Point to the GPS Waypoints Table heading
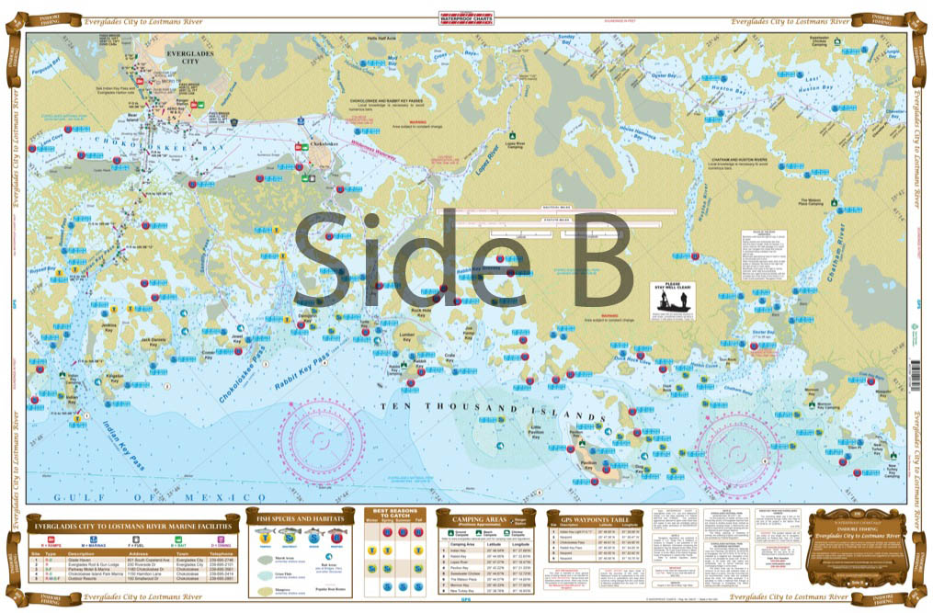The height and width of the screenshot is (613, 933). [595, 518]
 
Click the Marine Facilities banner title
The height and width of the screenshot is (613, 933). [130, 527]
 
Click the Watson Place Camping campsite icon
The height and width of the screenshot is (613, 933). [835, 200]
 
